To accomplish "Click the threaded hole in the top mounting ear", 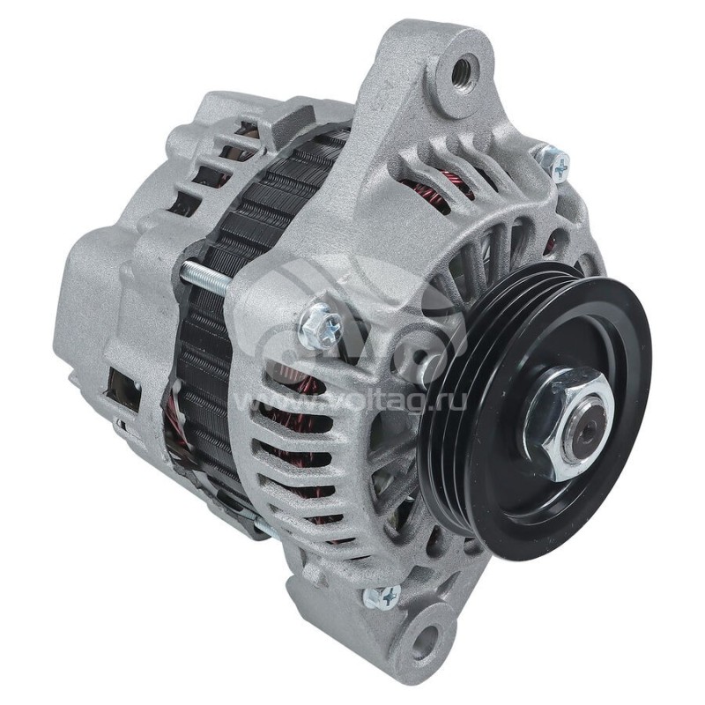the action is (x=464, y=71).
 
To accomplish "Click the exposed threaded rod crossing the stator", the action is (x=206, y=278).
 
